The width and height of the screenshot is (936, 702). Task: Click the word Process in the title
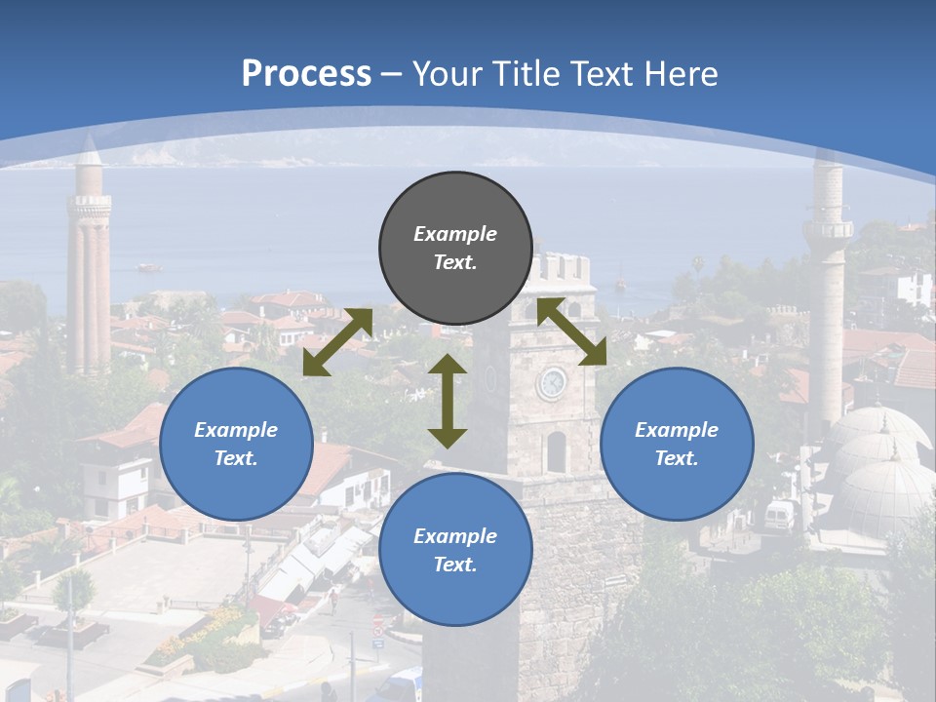[x=306, y=74]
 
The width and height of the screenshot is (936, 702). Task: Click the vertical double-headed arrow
[x=448, y=401]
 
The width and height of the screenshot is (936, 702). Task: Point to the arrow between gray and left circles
[x=337, y=341]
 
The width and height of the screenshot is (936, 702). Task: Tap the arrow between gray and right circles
[x=571, y=331]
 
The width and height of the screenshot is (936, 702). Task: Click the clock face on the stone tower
[x=552, y=383]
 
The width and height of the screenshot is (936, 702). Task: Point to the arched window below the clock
[x=556, y=451]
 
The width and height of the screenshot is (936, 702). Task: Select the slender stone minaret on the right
[x=827, y=292]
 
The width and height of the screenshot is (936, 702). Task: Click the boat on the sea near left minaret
[x=149, y=266]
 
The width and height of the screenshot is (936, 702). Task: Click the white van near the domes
[x=780, y=516]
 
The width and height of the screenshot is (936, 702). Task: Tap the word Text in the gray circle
[x=455, y=262]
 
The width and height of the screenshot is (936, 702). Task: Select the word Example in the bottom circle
[x=455, y=536]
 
